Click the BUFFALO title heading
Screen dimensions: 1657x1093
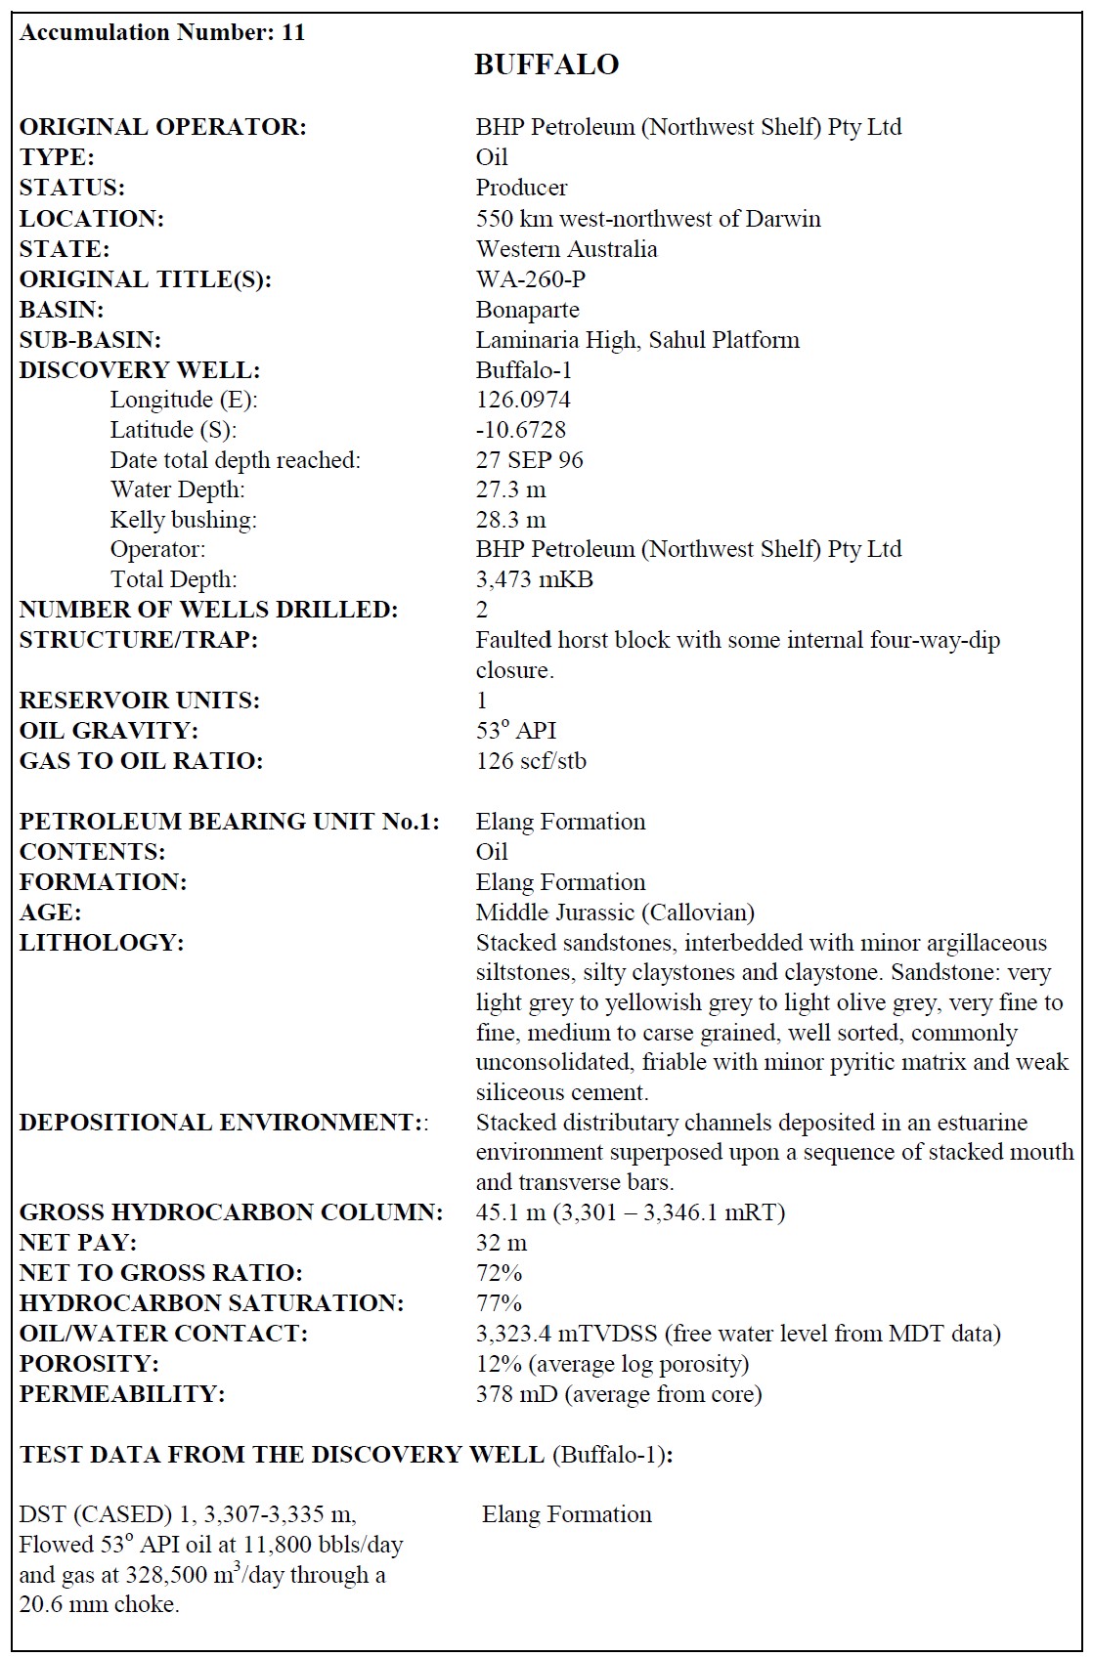[x=546, y=64]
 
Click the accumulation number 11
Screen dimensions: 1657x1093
[x=293, y=32]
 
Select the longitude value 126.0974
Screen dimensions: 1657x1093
[x=523, y=400]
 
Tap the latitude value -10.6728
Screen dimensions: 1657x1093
[x=521, y=430]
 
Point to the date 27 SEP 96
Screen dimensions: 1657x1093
[x=529, y=460]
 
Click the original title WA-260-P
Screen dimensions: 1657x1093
[x=531, y=279]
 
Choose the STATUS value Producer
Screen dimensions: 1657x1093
[x=521, y=188]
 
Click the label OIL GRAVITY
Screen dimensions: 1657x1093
[x=109, y=731]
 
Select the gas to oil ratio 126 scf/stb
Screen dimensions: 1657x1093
[x=531, y=761]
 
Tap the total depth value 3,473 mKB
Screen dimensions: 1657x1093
[x=534, y=579]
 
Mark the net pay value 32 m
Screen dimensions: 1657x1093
[x=502, y=1243]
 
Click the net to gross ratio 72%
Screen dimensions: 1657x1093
[x=499, y=1273]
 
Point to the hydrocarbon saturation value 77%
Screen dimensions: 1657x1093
[x=499, y=1303]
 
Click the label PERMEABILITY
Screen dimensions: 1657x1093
[x=122, y=1394]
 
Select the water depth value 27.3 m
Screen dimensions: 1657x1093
[x=510, y=489]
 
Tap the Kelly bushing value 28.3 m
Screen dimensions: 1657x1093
[x=510, y=520]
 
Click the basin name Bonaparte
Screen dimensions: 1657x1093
[x=527, y=310]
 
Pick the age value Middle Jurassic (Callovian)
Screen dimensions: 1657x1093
[x=615, y=913]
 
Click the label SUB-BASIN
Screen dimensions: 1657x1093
[x=90, y=340]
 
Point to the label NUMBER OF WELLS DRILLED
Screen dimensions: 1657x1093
[x=208, y=610]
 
